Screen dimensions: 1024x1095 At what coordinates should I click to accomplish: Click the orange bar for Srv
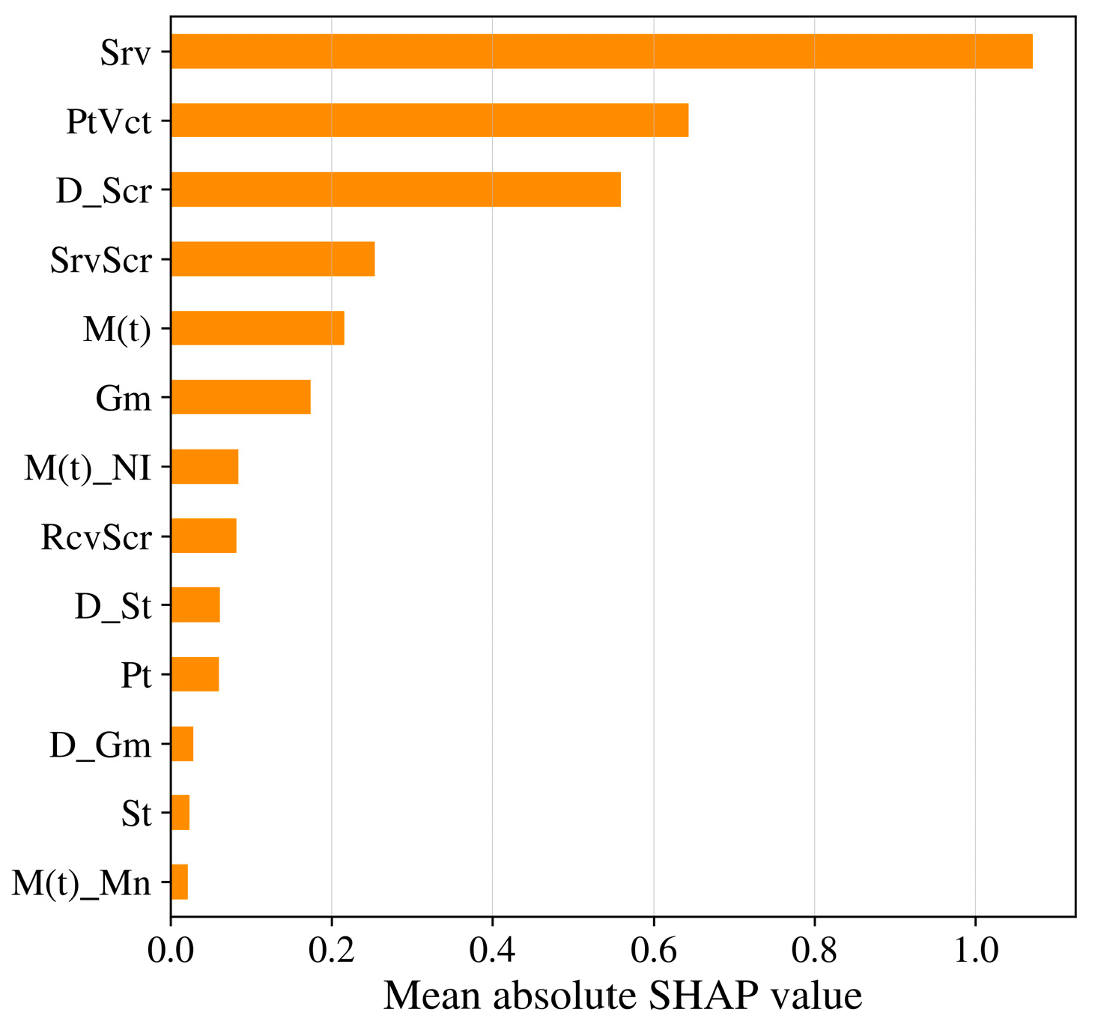click(601, 51)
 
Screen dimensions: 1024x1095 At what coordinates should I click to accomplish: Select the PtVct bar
click(429, 120)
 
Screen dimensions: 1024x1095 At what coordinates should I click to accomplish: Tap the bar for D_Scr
click(395, 190)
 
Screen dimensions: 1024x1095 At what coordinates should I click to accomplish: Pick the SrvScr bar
click(273, 259)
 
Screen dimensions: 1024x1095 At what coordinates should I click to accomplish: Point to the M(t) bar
click(258, 328)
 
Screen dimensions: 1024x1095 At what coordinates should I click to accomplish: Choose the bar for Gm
click(240, 397)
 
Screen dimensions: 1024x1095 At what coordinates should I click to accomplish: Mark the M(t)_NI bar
click(204, 467)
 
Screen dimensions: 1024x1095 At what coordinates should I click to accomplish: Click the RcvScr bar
click(204, 536)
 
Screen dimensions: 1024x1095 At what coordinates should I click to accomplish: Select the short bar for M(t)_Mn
click(179, 882)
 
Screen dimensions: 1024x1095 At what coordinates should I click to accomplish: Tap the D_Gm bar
click(182, 744)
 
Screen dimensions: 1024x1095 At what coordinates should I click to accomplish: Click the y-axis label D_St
click(113, 606)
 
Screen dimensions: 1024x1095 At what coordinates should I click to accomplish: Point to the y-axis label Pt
click(136, 675)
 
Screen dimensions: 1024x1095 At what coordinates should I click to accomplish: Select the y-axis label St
click(136, 814)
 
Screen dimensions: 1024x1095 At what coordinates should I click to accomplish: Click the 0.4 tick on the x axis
click(492, 951)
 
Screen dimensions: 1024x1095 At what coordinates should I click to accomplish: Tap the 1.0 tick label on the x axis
click(974, 951)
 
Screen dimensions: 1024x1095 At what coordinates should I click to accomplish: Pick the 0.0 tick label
click(171, 951)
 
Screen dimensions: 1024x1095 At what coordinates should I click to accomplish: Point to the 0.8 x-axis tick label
click(814, 951)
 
